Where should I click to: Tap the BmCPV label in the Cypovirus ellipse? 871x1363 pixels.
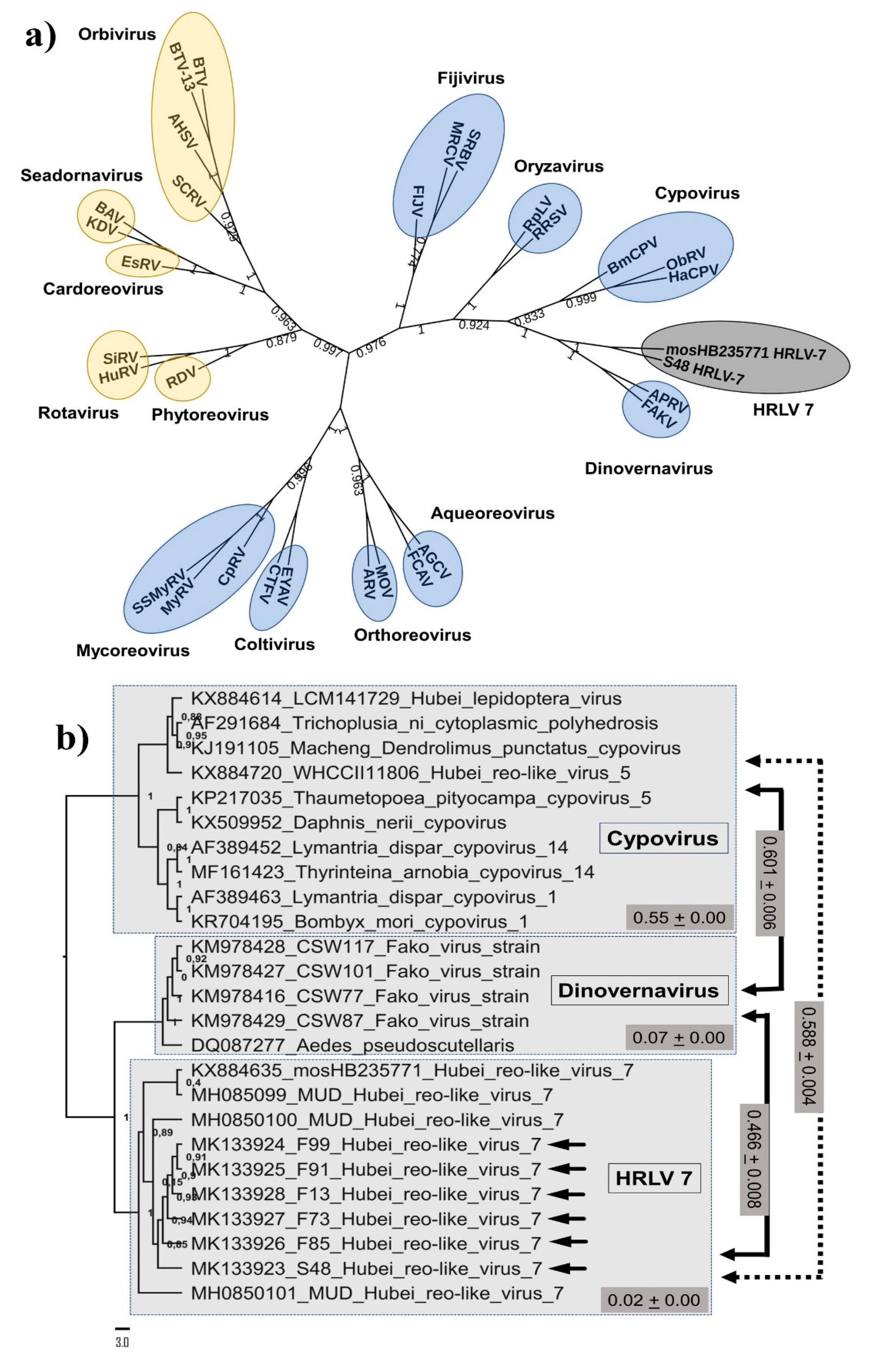(x=632, y=256)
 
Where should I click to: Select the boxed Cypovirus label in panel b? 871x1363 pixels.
(x=663, y=838)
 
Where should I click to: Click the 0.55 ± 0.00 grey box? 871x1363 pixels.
(x=679, y=918)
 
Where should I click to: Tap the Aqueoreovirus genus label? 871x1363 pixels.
(x=492, y=513)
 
